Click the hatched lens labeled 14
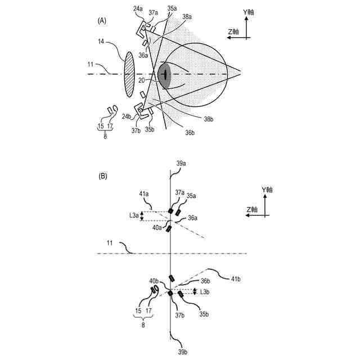[130, 73]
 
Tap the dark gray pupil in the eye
[164, 75]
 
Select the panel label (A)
[102, 20]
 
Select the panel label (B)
[103, 176]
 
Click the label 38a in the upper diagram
[190, 18]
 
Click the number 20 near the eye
[143, 81]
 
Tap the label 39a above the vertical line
[181, 163]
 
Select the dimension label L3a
[133, 215]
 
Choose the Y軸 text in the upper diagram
[249, 11]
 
